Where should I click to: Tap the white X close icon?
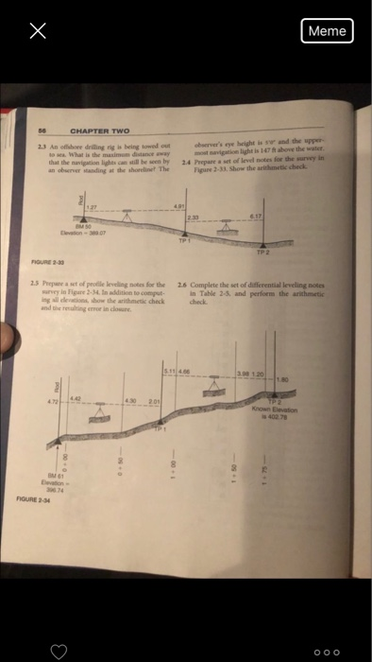tap(37, 31)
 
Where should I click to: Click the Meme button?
tap(327, 31)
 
